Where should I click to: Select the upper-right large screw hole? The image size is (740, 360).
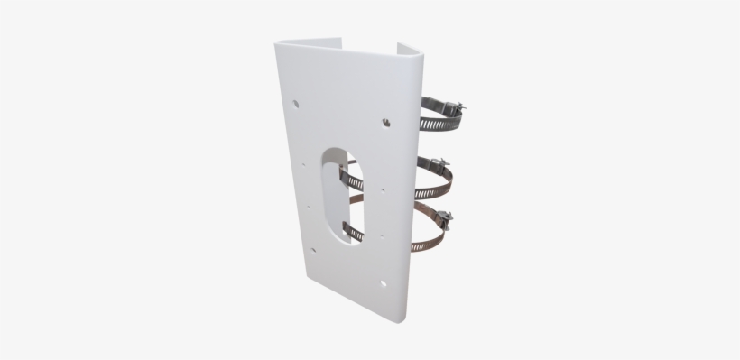click(x=385, y=120)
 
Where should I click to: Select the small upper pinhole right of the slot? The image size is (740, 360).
click(x=384, y=190)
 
